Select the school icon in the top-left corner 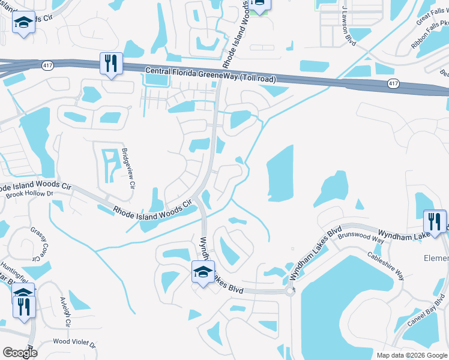23,23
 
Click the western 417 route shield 46,64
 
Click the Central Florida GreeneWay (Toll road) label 211,75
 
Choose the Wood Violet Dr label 74,343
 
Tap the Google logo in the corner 20,352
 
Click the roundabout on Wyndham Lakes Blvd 290,291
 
